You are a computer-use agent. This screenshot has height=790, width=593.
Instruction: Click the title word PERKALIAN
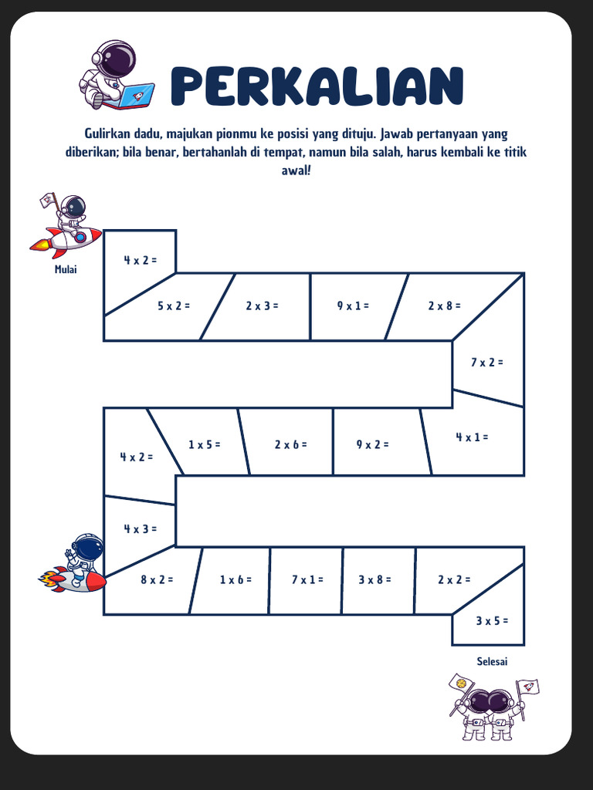[317, 85]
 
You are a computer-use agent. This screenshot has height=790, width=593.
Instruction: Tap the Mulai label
[66, 269]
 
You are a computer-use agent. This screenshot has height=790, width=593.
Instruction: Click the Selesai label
[492, 661]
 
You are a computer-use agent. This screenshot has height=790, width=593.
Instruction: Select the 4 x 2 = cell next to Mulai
[140, 260]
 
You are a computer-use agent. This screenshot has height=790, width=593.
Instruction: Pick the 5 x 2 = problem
[174, 306]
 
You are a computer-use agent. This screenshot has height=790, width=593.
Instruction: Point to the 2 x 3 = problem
[262, 306]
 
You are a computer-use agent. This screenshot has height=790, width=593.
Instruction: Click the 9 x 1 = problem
[353, 306]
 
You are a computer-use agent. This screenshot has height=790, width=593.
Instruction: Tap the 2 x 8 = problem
[444, 306]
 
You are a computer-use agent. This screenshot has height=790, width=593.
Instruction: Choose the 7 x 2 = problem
[487, 362]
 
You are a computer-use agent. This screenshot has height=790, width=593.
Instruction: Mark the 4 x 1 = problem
[472, 437]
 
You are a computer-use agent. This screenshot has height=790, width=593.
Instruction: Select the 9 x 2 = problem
[372, 444]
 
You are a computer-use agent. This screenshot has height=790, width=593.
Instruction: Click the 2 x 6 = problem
[290, 444]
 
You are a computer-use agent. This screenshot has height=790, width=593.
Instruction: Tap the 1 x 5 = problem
[204, 444]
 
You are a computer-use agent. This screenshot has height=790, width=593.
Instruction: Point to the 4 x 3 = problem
[140, 528]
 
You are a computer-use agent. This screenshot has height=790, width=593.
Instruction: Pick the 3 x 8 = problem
[374, 579]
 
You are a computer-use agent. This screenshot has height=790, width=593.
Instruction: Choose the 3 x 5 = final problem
[492, 620]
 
